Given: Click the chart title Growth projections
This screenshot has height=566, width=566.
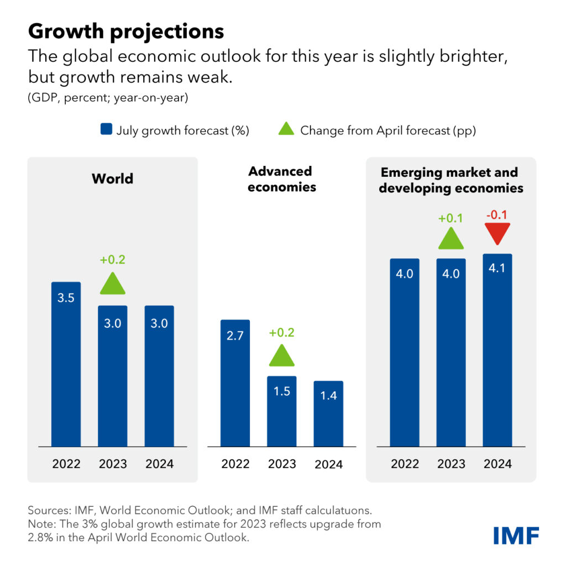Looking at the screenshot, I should pyautogui.click(x=126, y=32).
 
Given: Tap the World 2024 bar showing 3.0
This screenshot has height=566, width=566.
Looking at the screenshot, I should pyautogui.click(x=159, y=375).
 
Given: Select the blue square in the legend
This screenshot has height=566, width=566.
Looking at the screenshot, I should pyautogui.click(x=106, y=130).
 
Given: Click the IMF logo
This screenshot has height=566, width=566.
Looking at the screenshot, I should pyautogui.click(x=516, y=534).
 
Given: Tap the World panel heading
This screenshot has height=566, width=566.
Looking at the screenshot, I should pyautogui.click(x=112, y=179).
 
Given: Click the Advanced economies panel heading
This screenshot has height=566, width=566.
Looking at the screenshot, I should pyautogui.click(x=282, y=179).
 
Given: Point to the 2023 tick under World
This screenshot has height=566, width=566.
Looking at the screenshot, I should pyautogui.click(x=113, y=463).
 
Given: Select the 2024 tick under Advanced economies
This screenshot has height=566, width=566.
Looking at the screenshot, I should pyautogui.click(x=328, y=464).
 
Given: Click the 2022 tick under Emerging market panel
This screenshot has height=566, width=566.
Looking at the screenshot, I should pyautogui.click(x=405, y=463).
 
